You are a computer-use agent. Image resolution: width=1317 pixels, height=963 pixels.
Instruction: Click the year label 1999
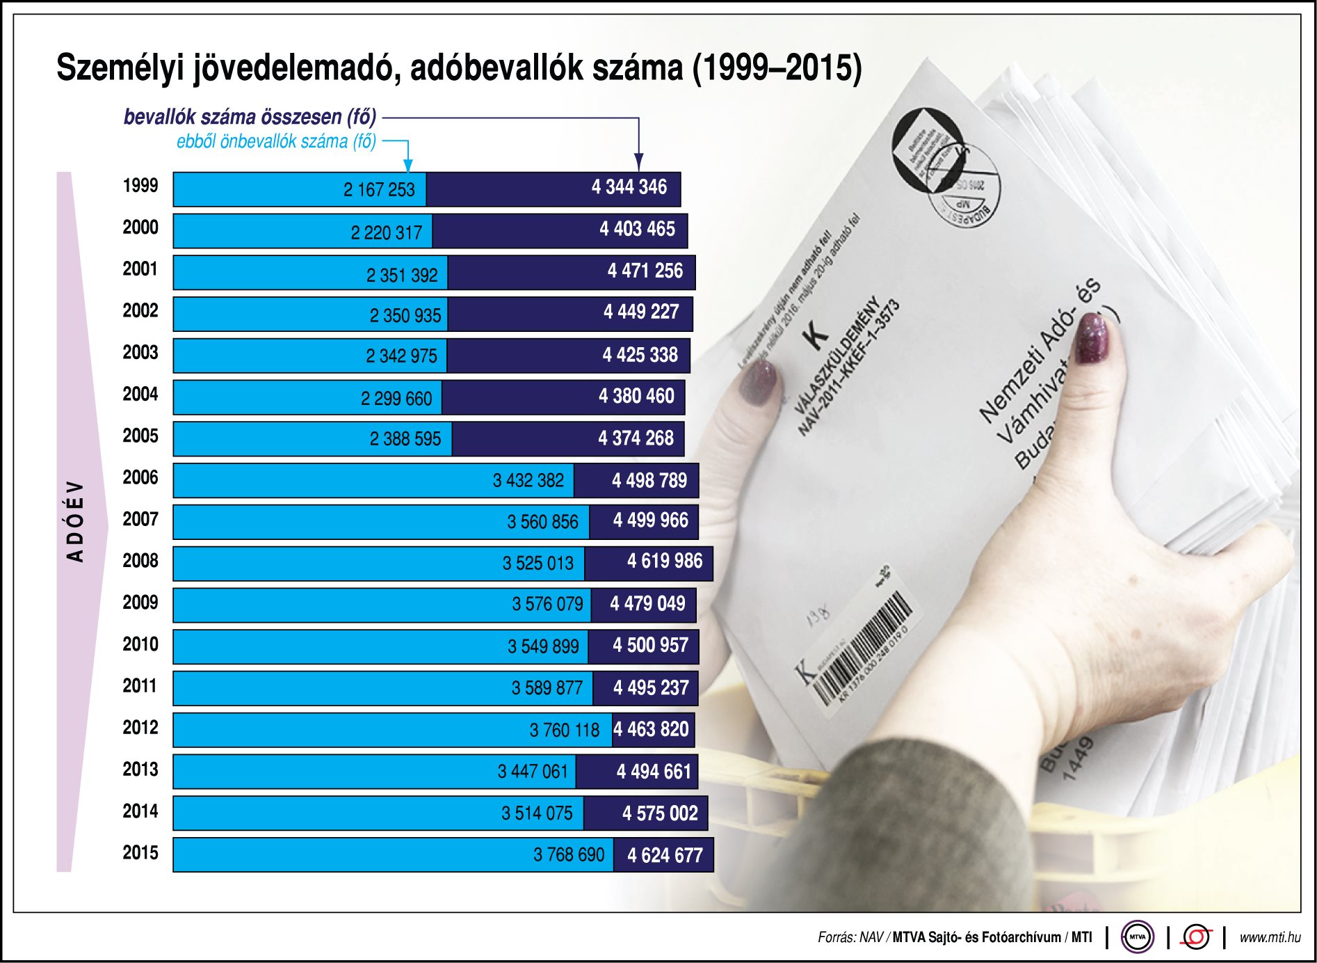(140, 186)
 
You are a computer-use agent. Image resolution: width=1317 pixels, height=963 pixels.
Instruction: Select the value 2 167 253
(379, 190)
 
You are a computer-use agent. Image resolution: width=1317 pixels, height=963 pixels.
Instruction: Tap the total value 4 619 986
(665, 562)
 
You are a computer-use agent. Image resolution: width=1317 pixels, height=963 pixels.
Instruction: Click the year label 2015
(140, 853)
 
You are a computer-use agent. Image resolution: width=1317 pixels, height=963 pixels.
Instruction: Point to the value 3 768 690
(569, 855)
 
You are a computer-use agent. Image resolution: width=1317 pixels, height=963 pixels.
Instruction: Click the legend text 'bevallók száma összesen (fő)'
(250, 117)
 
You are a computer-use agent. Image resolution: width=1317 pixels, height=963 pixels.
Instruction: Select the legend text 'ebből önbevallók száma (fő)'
(276, 142)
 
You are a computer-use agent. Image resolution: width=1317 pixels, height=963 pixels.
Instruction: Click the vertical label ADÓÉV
(75, 521)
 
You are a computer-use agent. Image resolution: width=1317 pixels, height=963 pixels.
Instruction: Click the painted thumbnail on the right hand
(1092, 338)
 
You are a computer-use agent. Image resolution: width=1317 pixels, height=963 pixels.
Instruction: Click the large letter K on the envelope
(815, 335)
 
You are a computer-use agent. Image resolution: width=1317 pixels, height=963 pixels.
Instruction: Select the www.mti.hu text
(1270, 937)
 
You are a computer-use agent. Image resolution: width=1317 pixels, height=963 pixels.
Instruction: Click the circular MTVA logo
(1137, 937)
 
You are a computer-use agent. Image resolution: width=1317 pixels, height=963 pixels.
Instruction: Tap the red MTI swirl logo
(1196, 937)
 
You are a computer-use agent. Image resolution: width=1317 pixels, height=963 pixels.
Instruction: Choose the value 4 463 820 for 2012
(651, 730)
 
